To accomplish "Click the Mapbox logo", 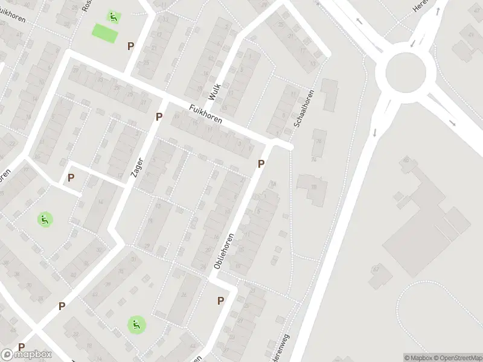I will tap(26, 354).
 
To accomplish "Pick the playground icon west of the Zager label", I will tap(44, 219).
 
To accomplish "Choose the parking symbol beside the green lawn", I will tap(130, 46).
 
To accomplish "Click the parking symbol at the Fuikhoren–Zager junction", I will tap(159, 116).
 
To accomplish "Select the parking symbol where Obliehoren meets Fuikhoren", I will tap(261, 164).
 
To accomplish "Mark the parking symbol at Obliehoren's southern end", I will tap(221, 300).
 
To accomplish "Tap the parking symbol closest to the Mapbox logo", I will tap(22, 347).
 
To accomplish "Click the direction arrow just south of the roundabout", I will tap(375, 132).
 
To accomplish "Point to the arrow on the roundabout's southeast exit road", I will tap(453, 123).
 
